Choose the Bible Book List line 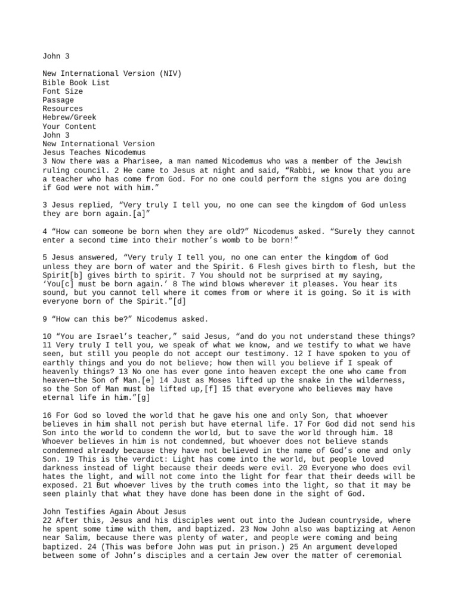click(76, 83)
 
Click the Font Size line click(63, 91)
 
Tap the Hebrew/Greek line click(69, 118)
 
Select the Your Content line click(69, 126)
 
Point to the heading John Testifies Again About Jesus click(114, 511)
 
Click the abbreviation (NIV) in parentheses click(171, 74)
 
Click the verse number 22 click(47, 520)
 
